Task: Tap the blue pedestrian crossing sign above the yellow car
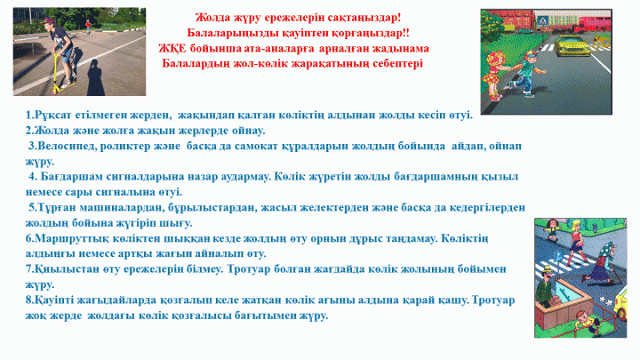click(542, 20)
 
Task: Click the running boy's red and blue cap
click(530, 54)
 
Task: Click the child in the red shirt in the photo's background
click(88, 26)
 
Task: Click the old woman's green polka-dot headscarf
click(607, 248)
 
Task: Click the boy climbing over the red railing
click(585, 321)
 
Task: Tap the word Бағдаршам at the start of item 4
click(71, 177)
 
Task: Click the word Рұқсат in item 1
click(53, 115)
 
